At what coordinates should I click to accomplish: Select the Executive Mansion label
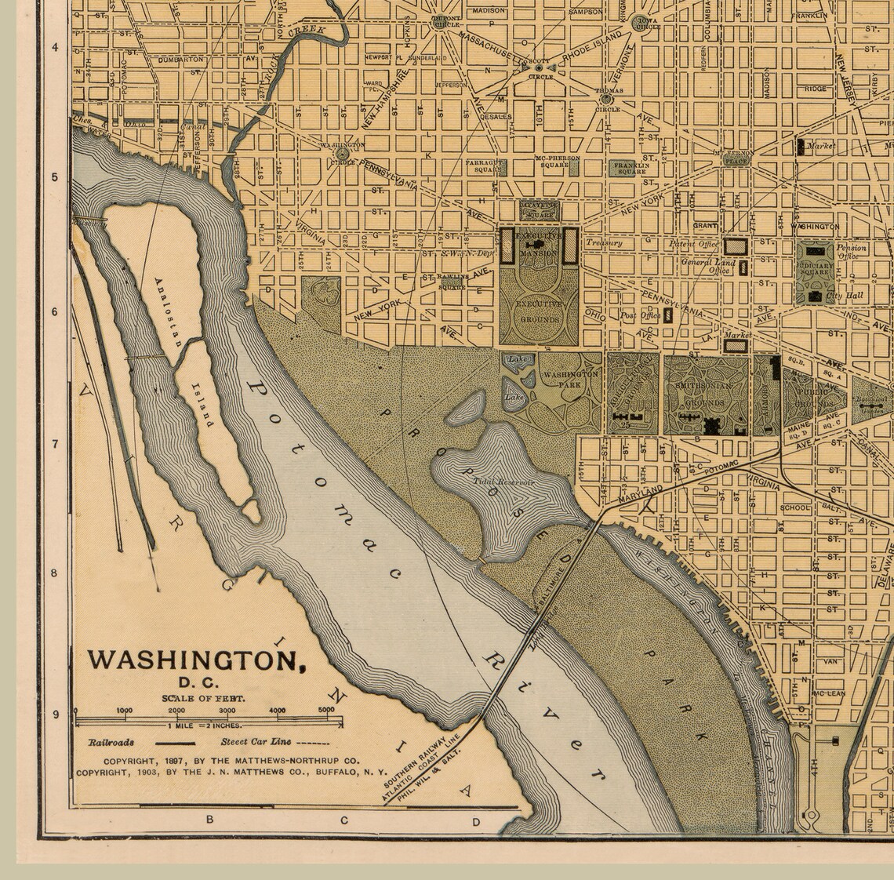tap(540, 245)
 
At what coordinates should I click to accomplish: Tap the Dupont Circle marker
tap(438, 23)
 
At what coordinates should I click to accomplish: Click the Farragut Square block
tap(485, 166)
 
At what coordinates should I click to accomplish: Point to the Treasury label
tap(603, 243)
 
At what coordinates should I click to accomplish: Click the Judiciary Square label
tap(815, 271)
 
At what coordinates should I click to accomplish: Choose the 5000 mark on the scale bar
tap(325, 711)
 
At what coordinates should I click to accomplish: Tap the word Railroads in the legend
tap(111, 742)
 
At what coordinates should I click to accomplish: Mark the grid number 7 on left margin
tap(55, 444)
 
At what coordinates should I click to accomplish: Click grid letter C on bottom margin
tap(343, 820)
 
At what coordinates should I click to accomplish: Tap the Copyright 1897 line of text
tap(231, 761)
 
